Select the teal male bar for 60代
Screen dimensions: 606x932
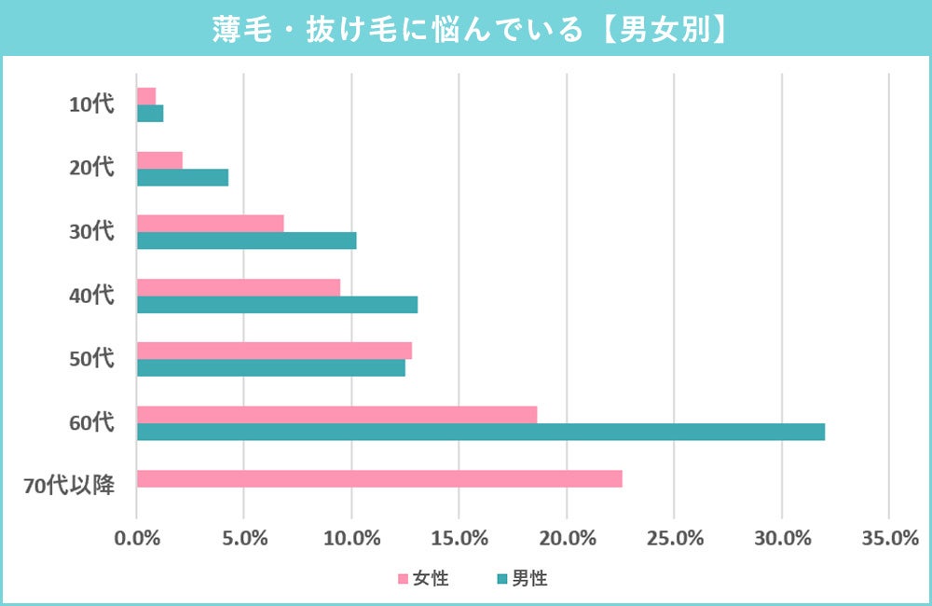click(480, 432)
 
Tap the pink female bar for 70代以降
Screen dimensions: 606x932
click(379, 478)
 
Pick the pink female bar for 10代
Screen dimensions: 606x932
click(146, 96)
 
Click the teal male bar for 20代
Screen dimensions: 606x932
click(183, 177)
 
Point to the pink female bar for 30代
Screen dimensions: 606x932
click(210, 224)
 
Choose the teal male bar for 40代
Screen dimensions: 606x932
click(277, 304)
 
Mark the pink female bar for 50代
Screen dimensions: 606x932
click(274, 351)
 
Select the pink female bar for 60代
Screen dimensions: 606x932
click(336, 415)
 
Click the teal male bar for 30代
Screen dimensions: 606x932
click(246, 241)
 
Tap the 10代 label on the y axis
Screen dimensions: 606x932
click(91, 104)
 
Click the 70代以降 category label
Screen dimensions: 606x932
click(68, 486)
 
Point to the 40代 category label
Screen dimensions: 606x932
click(91, 296)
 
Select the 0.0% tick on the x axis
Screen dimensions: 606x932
click(137, 538)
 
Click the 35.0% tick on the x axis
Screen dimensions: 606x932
click(889, 538)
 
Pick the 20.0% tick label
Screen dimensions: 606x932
click(567, 538)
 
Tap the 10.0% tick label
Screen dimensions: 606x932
click(351, 538)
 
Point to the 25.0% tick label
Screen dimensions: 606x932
click(674, 538)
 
